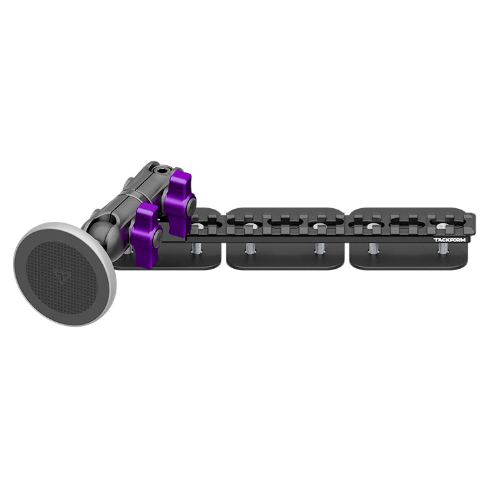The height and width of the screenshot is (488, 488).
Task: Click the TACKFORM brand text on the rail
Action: click(450, 239)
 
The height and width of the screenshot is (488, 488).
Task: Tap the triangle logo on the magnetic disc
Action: click(61, 276)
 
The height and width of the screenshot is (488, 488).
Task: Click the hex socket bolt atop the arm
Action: click(156, 170)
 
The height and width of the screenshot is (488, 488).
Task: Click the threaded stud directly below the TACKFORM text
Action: click(442, 249)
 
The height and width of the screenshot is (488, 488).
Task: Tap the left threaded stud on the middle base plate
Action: click(250, 249)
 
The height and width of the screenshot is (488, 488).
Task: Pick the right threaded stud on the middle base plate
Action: click(319, 249)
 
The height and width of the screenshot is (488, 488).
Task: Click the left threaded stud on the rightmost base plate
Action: click(373, 249)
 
